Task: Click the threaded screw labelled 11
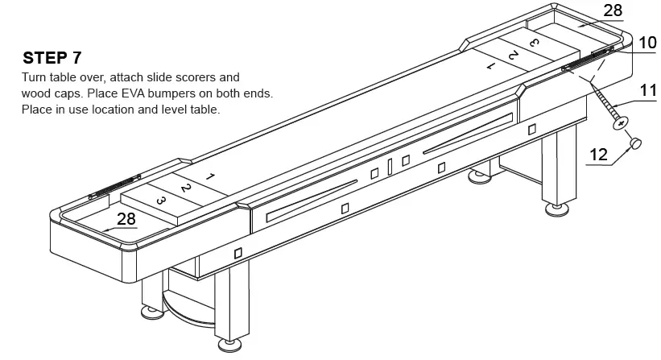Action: [608, 104]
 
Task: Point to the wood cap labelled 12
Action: [635, 143]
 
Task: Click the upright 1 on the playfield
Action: [209, 176]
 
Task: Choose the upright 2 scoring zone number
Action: [185, 188]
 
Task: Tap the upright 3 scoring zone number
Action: [160, 201]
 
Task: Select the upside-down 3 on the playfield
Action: [533, 41]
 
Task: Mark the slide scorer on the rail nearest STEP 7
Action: [113, 187]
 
